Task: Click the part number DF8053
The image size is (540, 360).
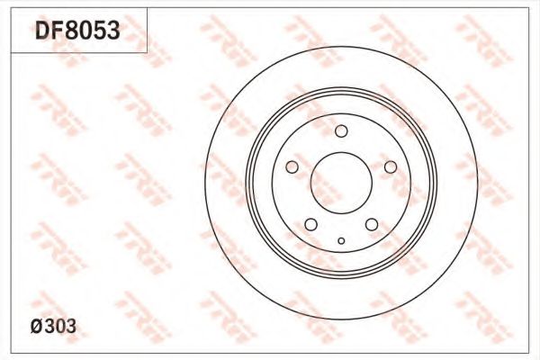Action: pos(77,30)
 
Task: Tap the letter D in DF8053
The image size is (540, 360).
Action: pos(42,30)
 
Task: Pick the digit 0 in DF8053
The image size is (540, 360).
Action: pos(85,30)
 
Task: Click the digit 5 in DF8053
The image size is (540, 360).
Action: pos(100,30)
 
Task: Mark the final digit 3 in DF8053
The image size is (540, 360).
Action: pos(113,30)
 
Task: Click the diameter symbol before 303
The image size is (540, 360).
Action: pos(37,326)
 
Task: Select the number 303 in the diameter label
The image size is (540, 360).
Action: pos(60,326)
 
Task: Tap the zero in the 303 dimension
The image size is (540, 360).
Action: pos(60,326)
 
